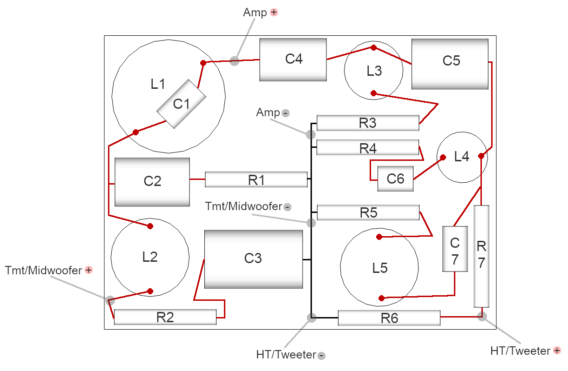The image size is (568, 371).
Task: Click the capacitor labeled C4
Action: point(293,60)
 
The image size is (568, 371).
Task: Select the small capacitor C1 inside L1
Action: point(181,104)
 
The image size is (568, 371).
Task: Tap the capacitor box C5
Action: point(450,64)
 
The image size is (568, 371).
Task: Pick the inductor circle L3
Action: point(373,71)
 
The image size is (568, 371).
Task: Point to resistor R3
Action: point(368,123)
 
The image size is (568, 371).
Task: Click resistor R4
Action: point(368,148)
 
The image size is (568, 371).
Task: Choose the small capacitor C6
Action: point(395,179)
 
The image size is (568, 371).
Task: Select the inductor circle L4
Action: point(461,157)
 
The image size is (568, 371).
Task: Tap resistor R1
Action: point(256,179)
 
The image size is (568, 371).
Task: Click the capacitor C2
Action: point(152,182)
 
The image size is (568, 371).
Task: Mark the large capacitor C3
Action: point(253,259)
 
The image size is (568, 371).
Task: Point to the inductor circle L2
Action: point(150,257)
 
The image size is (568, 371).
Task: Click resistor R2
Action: point(165,317)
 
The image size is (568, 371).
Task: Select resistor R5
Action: point(368,212)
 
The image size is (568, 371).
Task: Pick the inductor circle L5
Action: point(379,268)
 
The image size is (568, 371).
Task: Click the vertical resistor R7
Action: point(481,256)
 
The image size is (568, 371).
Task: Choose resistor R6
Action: point(389,318)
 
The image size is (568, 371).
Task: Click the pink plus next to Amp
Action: point(274,13)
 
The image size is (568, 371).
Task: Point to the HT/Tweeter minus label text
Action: point(286,355)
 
